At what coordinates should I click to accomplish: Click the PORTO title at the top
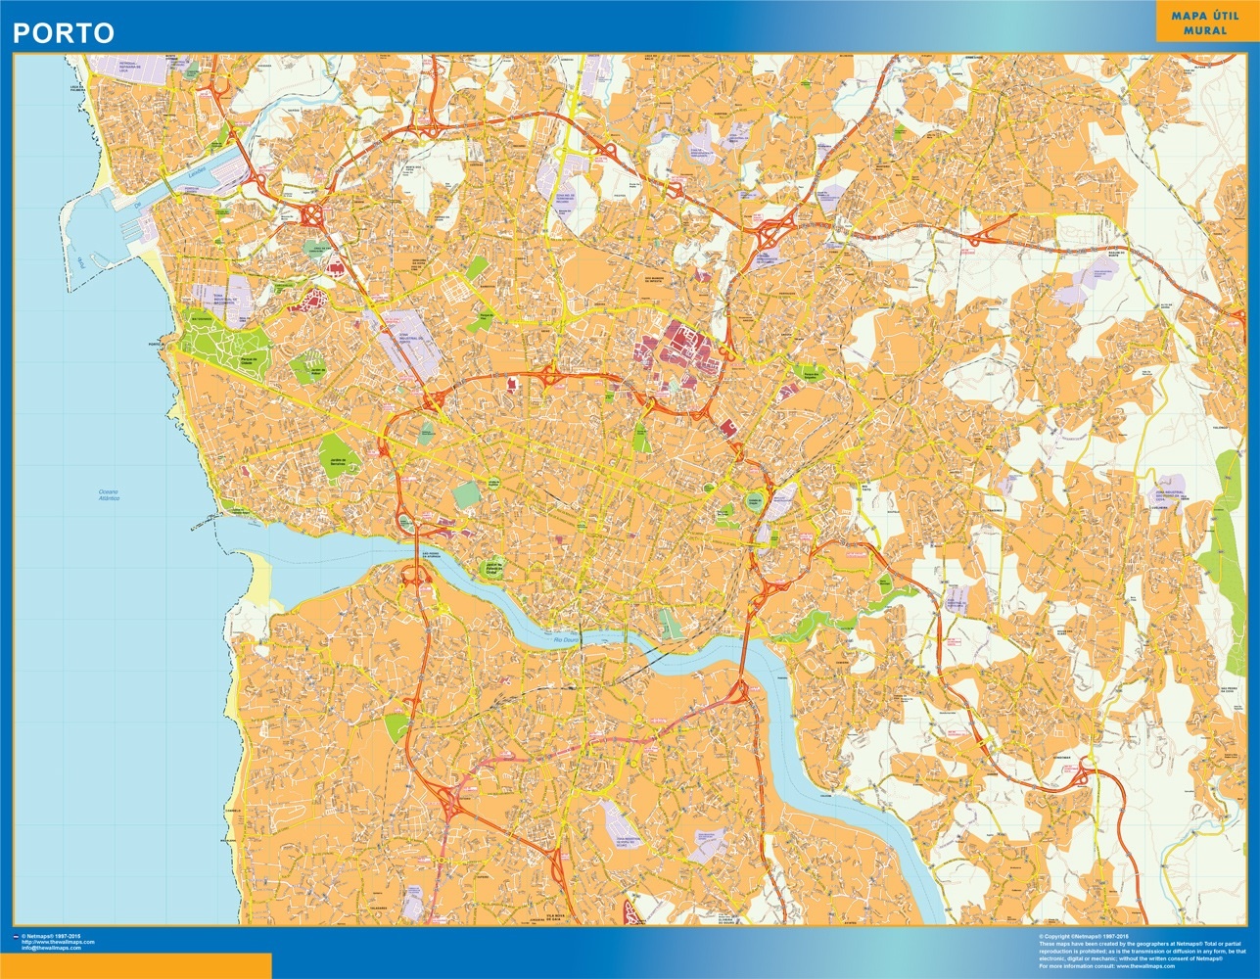63,32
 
